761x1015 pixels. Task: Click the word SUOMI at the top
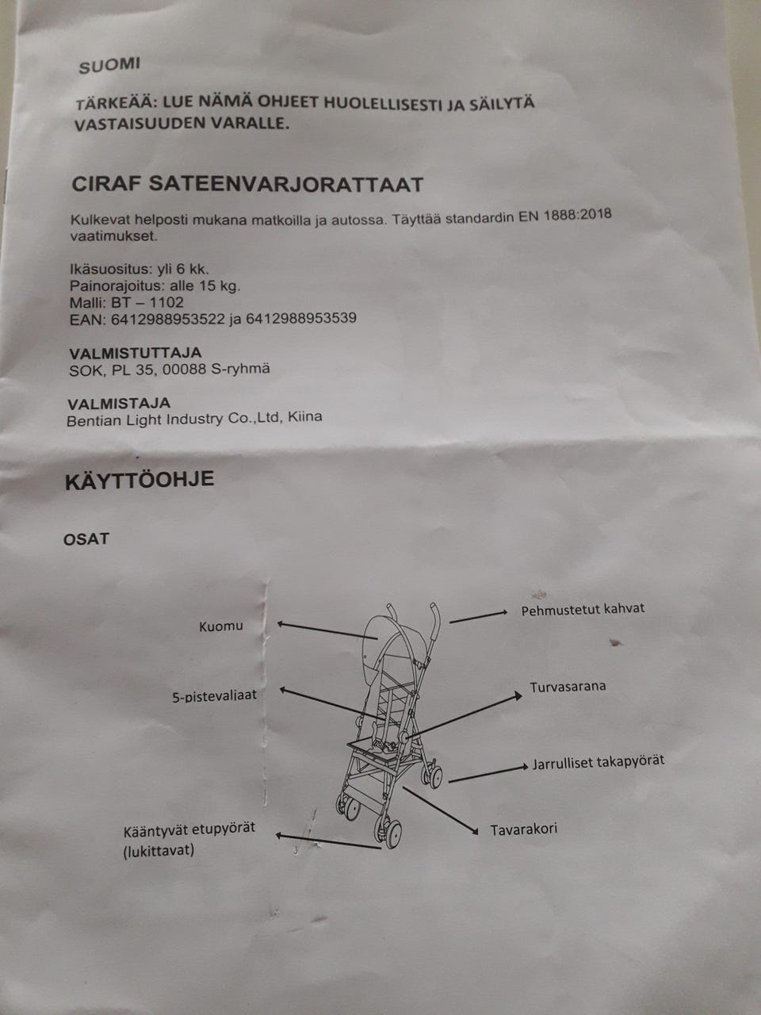point(109,66)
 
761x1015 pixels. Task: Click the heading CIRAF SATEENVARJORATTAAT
point(247,185)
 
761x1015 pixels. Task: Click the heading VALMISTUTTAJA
point(136,353)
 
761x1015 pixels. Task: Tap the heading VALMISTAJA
point(119,403)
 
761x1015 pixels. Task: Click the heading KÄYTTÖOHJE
point(139,481)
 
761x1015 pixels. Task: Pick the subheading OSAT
point(86,539)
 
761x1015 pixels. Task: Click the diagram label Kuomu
point(220,626)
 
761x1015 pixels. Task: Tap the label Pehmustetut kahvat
point(583,609)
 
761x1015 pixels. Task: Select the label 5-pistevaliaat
point(214,697)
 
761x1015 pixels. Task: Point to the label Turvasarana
point(568,686)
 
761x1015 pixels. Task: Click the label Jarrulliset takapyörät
point(598,762)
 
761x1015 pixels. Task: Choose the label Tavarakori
point(523,829)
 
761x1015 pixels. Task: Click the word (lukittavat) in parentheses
point(159,852)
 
